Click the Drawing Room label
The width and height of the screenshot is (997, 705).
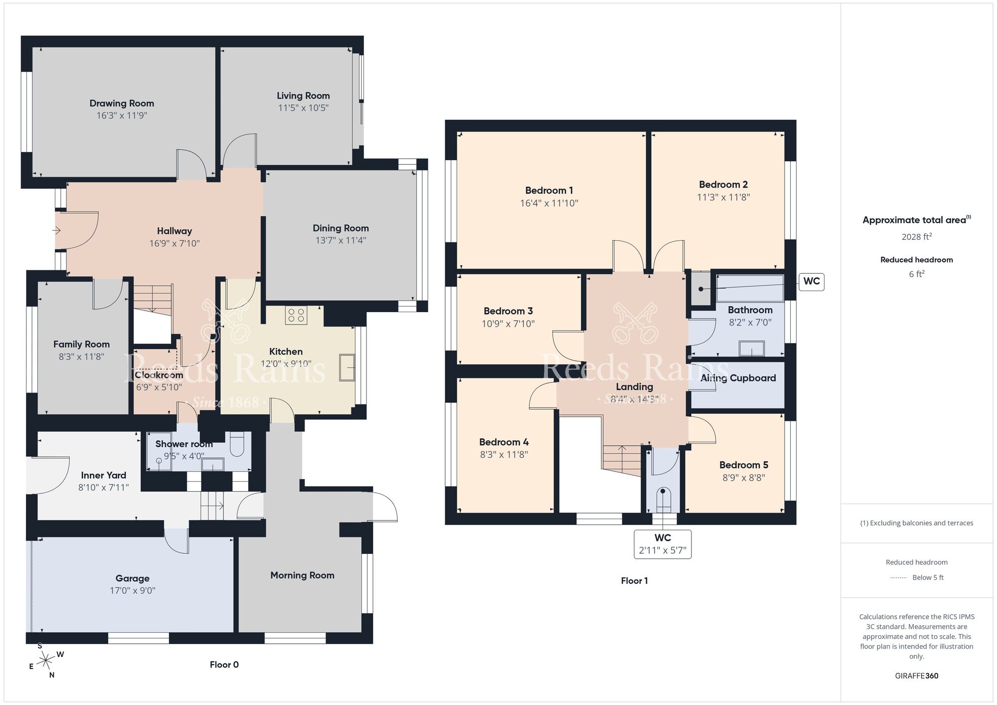(122, 103)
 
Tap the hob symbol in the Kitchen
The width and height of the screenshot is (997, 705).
(296, 315)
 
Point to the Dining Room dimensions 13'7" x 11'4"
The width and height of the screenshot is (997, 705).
(340, 240)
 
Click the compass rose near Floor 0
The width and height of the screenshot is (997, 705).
(46, 661)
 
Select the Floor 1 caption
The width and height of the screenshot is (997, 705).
(634, 581)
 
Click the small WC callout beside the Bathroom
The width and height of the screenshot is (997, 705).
(811, 281)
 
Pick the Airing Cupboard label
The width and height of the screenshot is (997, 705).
(738, 378)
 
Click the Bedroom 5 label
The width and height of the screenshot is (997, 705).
(743, 465)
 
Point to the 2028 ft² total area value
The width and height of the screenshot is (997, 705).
(916, 237)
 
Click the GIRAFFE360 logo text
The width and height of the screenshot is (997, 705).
(916, 676)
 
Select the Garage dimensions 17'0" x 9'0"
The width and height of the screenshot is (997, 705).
(133, 591)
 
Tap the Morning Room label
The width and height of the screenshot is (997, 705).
(302, 575)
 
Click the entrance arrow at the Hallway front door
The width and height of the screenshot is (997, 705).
(56, 230)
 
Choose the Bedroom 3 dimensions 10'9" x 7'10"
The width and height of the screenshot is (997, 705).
(508, 324)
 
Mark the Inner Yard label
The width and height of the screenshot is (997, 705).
(103, 475)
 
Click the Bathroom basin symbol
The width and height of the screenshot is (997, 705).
(752, 348)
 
